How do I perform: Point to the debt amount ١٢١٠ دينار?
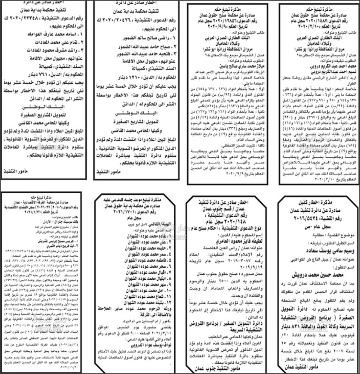(x=135, y=77)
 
